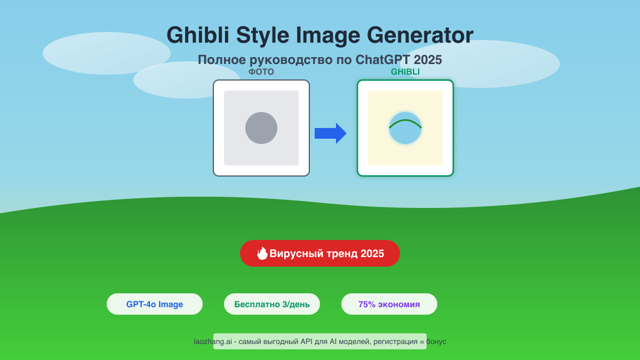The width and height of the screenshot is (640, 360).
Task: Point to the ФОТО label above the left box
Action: pyautogui.click(x=261, y=72)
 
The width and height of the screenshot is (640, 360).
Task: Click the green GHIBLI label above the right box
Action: pyautogui.click(x=405, y=72)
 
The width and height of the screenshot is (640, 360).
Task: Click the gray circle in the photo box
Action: pyautogui.click(x=261, y=128)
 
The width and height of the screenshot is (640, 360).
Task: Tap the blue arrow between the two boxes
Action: pyautogui.click(x=330, y=133)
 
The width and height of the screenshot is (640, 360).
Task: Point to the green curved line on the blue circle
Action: pyautogui.click(x=405, y=122)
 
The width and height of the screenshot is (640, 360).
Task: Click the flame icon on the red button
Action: pyautogui.click(x=262, y=253)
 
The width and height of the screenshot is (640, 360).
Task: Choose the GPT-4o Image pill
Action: pyautogui.click(x=155, y=305)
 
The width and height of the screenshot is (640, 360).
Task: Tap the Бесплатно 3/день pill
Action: pyautogui.click(x=272, y=305)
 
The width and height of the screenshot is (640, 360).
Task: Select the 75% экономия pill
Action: pyautogui.click(x=389, y=305)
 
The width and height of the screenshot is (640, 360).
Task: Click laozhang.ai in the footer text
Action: pyautogui.click(x=212, y=341)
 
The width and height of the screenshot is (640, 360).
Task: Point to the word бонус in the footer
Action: pyautogui.click(x=435, y=341)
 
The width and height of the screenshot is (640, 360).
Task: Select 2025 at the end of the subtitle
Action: pyautogui.click(x=428, y=60)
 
